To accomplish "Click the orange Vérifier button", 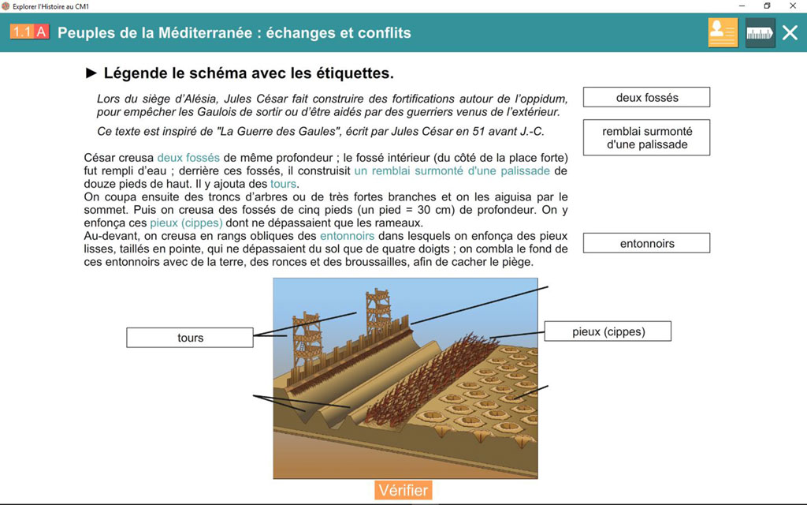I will click(x=403, y=490).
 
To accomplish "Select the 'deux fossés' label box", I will click(x=646, y=98).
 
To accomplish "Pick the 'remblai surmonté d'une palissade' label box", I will click(x=646, y=138).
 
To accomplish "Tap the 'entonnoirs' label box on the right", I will click(x=646, y=243).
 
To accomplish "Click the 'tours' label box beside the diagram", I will click(x=190, y=338).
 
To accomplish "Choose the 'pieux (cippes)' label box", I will click(x=608, y=331).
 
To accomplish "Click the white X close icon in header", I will click(x=789, y=33).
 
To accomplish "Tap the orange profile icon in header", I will click(x=723, y=33).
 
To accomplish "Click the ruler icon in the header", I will click(x=760, y=33).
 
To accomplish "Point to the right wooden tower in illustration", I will click(x=378, y=312).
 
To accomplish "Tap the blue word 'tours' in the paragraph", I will click(x=284, y=184).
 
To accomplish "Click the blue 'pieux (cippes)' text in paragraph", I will click(x=186, y=223).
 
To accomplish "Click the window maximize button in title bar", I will click(x=767, y=6).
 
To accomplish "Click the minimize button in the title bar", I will click(x=740, y=6).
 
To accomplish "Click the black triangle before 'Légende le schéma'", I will click(x=91, y=73).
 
